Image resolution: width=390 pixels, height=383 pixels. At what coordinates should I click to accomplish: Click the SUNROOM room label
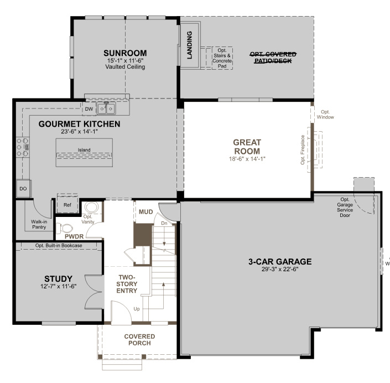click(x=124, y=53)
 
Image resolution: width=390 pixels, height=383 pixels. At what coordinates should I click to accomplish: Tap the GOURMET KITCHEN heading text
click(x=79, y=124)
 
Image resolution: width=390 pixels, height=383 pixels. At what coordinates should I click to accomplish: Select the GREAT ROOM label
click(x=247, y=147)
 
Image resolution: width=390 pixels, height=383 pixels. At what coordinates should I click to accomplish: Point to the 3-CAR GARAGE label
click(x=279, y=261)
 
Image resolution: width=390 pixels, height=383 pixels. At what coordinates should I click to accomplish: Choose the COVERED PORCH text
click(x=139, y=339)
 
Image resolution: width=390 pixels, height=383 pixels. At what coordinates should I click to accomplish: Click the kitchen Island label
click(x=84, y=150)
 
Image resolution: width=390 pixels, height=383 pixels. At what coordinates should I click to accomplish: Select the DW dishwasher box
click(x=89, y=108)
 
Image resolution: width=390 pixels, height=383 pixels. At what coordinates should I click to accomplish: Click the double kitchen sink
click(x=106, y=108)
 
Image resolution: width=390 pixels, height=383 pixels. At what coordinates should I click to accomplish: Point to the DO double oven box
click(x=23, y=189)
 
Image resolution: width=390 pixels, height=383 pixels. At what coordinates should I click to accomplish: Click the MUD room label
click(x=145, y=212)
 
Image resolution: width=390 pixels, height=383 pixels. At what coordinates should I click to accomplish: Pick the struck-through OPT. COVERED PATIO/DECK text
click(x=273, y=57)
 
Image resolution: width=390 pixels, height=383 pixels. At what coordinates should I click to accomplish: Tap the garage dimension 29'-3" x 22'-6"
click(x=279, y=270)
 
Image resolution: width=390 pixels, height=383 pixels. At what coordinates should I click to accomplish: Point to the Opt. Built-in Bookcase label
click(x=59, y=245)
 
